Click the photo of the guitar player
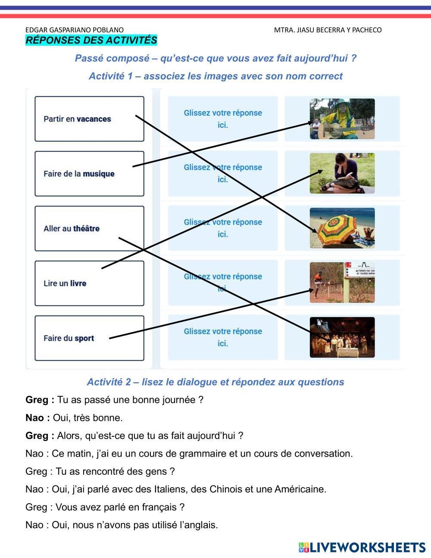342,119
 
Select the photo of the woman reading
342,173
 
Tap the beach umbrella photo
342,228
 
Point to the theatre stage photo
342,337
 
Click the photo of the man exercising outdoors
342,282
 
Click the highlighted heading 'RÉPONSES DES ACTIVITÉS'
91,41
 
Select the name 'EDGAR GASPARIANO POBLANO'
75,30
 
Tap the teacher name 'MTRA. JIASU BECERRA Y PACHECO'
328,30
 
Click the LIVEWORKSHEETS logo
362,547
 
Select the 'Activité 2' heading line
215,382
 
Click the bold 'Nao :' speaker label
37,418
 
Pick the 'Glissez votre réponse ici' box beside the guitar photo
223,119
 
